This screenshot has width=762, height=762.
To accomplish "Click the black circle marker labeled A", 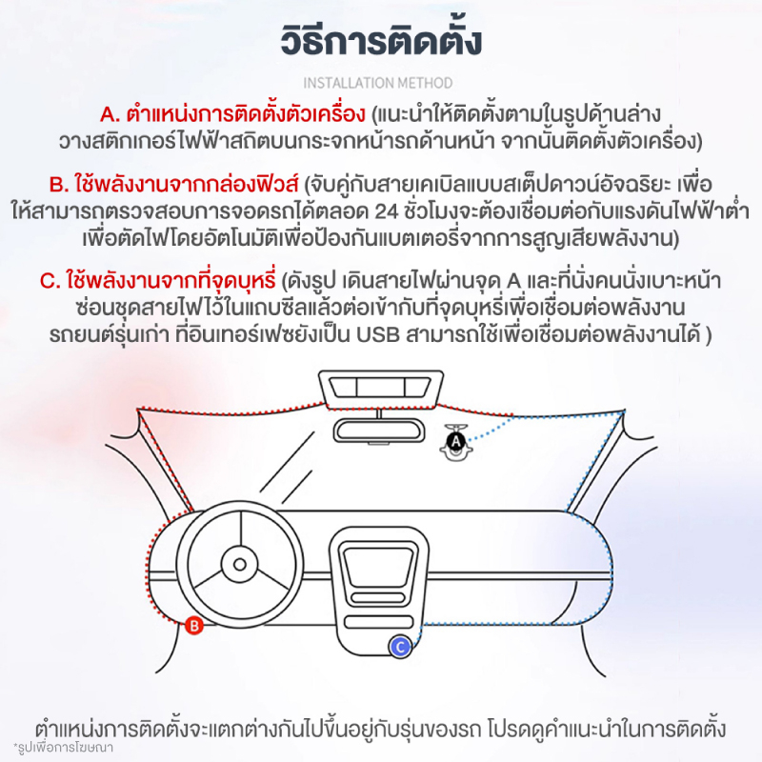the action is coord(456,442).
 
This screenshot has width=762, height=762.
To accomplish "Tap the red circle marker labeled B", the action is coord(194,626).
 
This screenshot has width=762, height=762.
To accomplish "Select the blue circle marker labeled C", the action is coord(400,647).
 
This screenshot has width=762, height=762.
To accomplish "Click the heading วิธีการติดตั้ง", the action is coord(381,40).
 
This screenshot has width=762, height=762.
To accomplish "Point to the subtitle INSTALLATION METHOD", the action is coord(377,83).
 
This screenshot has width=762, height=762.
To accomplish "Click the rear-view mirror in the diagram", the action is coord(378,431).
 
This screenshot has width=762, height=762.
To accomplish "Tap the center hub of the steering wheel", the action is coord(240,564).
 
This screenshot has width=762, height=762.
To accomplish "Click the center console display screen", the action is coord(378,564).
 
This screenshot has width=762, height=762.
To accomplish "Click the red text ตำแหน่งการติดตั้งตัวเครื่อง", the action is coord(246,115).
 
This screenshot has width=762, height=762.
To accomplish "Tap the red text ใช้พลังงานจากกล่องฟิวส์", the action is coord(186,185).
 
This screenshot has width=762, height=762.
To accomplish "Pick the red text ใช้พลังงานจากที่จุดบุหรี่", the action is coord(171,281).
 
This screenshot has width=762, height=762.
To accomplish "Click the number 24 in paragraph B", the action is coord(387,211).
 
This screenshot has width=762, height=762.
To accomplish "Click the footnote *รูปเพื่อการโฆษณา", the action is coord(63,747).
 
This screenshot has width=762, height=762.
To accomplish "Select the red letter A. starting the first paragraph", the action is coord(110,115).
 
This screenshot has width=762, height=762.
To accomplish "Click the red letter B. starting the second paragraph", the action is coord(59,185).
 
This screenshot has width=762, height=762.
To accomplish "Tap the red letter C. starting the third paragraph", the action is coord(50,281).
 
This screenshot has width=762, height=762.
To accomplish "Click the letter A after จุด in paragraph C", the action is coord(513,281).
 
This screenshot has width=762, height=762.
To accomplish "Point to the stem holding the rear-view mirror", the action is coord(378,412).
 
